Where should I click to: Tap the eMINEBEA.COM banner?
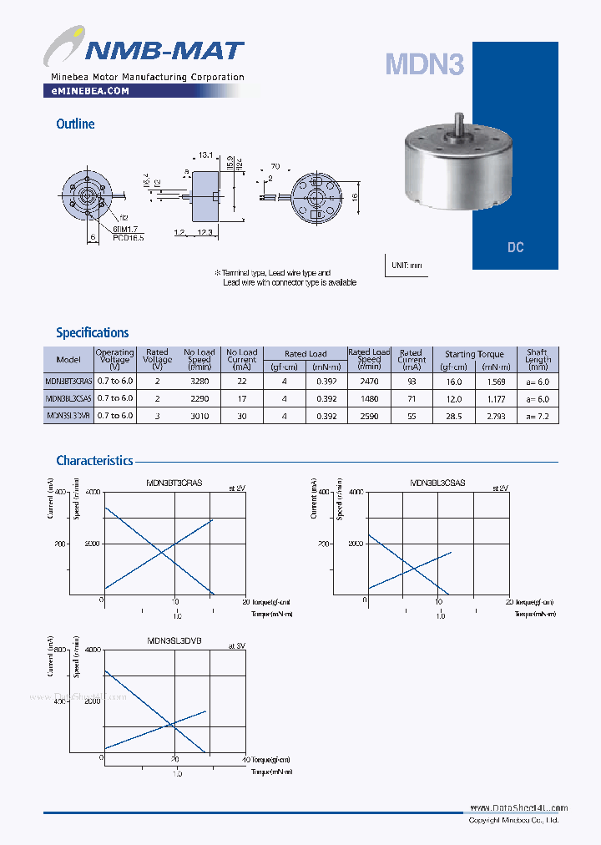click(x=85, y=91)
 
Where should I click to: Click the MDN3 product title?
click(x=424, y=64)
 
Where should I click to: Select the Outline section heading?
click(x=75, y=124)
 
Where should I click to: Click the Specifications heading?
click(x=92, y=332)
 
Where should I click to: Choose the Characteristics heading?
click(x=94, y=460)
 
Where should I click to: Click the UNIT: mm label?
click(x=407, y=266)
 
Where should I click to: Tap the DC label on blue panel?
click(x=515, y=248)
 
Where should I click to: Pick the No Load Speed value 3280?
click(x=199, y=381)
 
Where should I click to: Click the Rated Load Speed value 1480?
click(x=369, y=398)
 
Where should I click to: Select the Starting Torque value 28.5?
click(x=453, y=415)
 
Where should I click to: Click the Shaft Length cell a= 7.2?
click(x=538, y=415)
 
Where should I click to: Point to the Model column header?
click(x=68, y=359)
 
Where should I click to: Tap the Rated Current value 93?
click(x=411, y=381)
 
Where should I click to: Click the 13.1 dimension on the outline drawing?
click(x=205, y=155)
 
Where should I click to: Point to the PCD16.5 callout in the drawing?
click(x=129, y=238)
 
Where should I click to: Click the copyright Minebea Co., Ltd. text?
click(x=513, y=820)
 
